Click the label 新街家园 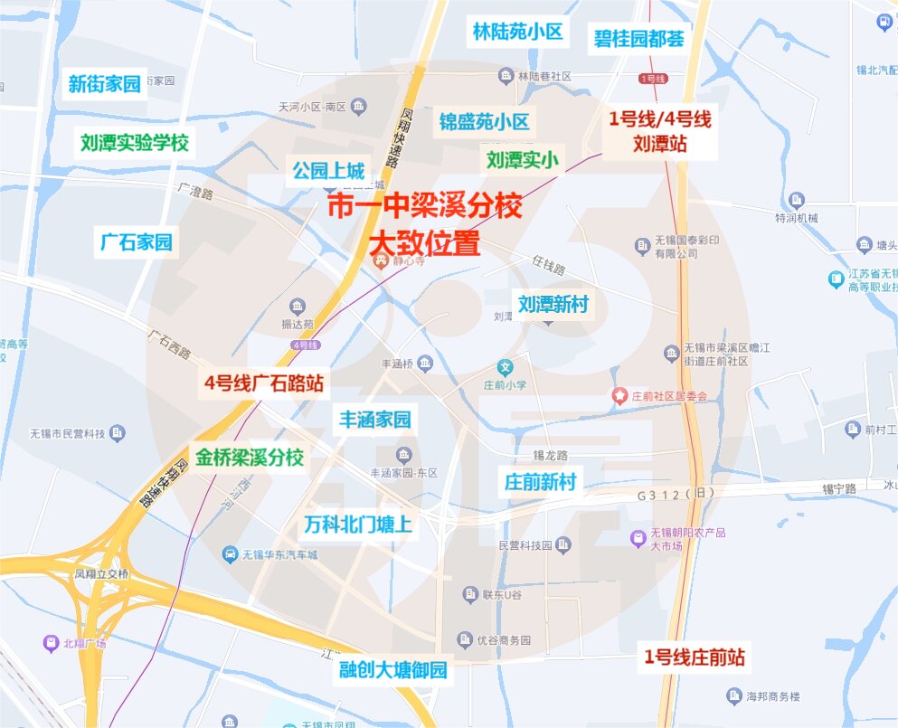coord(105,84)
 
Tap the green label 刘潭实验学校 coord(134,142)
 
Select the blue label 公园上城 coord(327,169)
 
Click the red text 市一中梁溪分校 coord(424,207)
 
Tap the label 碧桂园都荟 coord(638,39)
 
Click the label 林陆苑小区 coord(517,33)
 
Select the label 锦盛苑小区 coord(485,121)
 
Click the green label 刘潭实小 coord(522,160)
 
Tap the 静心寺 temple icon coord(381,260)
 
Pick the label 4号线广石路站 coord(263,382)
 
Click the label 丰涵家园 coord(374,420)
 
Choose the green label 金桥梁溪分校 coord(249,457)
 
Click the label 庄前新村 coord(540,481)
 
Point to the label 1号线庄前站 coord(695,657)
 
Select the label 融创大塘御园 coord(392,670)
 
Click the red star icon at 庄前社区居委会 coord(619,395)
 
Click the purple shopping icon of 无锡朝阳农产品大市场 coord(638,539)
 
